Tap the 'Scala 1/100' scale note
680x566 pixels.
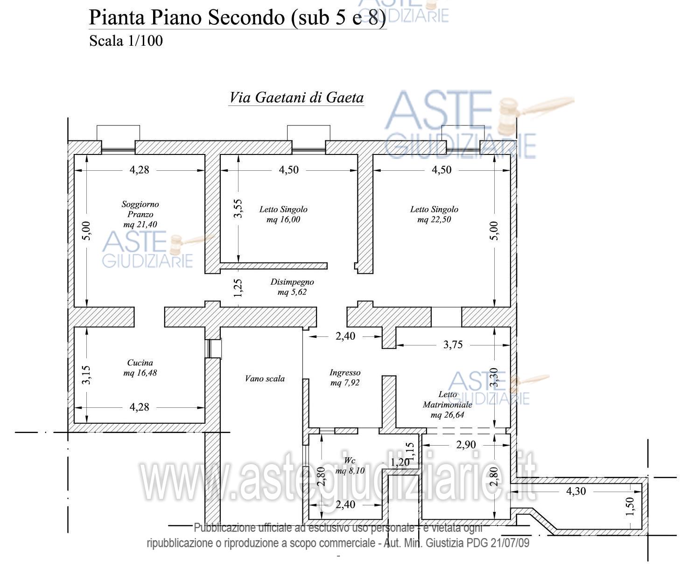point(126,41)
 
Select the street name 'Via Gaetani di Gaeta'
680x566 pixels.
point(296,98)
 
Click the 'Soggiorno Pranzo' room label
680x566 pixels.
point(140,209)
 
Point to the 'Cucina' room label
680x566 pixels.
point(140,363)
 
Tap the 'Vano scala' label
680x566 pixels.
point(265,378)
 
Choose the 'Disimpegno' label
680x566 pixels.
point(292,282)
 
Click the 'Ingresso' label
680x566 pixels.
point(345,372)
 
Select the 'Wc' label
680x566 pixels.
point(349,461)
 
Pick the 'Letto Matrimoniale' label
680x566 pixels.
point(448,399)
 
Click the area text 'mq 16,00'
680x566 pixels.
point(283,220)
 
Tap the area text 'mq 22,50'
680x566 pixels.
point(434,220)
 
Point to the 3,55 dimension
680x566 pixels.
point(238,208)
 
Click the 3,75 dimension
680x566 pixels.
point(453,344)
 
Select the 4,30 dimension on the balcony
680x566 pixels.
point(576,491)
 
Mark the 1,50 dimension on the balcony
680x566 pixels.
point(630,506)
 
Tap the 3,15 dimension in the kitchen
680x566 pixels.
point(86,375)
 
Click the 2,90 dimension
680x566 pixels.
point(466,445)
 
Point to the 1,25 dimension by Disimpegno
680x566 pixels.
point(238,288)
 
